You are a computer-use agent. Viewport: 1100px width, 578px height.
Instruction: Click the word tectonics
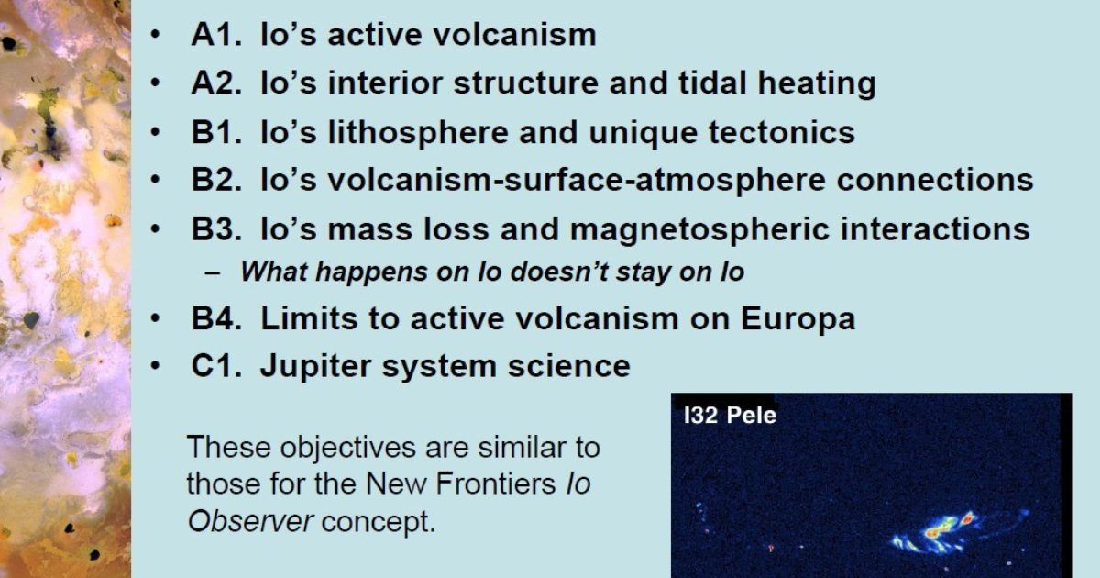point(780,131)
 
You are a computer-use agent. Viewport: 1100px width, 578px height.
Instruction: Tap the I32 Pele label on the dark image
point(731,416)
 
